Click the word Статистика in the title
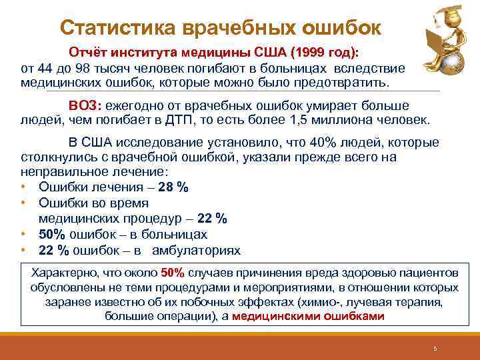111,28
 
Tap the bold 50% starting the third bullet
51,235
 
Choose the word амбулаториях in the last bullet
196,251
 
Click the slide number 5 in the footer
434,349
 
